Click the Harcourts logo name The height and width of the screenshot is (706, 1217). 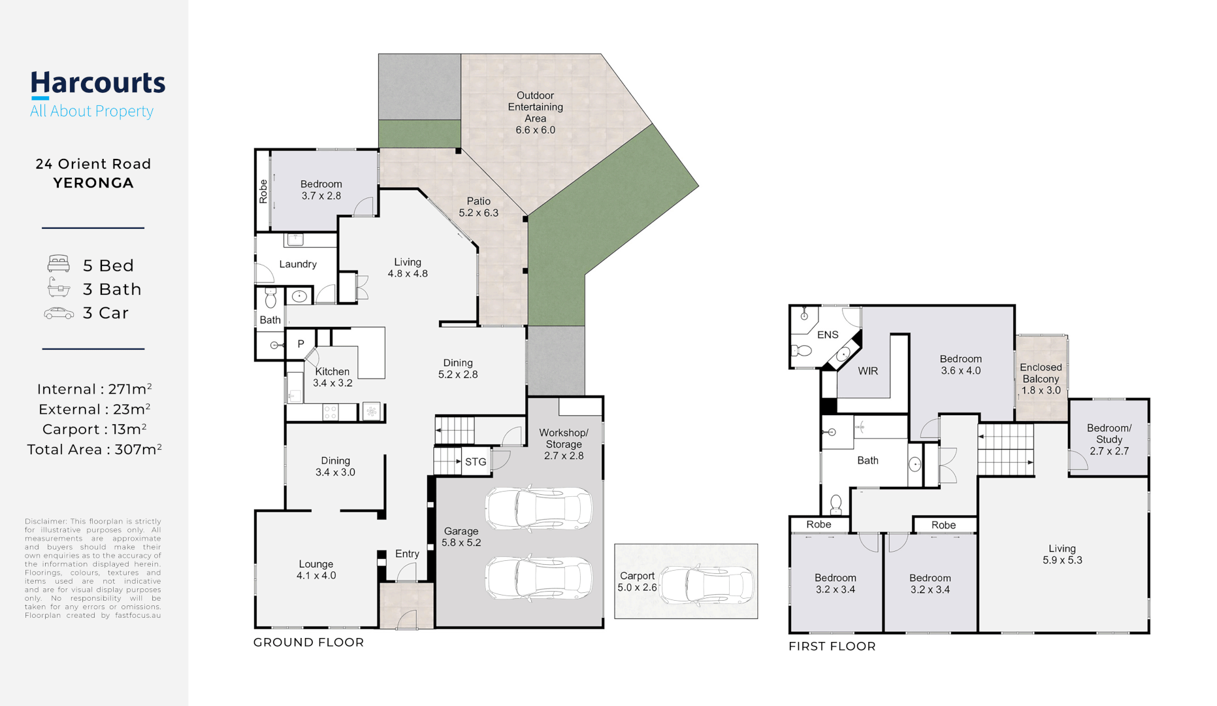[x=98, y=84]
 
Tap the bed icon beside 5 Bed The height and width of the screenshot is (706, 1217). [x=59, y=264]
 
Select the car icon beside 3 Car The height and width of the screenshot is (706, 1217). [x=59, y=313]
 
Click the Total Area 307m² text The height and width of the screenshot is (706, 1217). [x=94, y=449]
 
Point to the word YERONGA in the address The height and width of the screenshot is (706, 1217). [x=93, y=183]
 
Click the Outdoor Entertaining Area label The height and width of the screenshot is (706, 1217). [x=536, y=112]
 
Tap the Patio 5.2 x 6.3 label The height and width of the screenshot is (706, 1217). [x=478, y=207]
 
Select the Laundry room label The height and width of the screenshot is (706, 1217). [x=298, y=264]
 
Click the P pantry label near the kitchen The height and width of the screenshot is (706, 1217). [x=300, y=344]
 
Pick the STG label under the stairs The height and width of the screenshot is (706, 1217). [x=476, y=462]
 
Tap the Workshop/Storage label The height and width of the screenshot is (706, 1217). [x=564, y=444]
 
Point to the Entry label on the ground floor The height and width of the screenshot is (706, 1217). [x=407, y=554]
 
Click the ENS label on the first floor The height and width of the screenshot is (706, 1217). [x=828, y=335]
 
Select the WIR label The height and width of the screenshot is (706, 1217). [x=868, y=371]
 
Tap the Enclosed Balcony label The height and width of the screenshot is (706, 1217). [x=1041, y=378]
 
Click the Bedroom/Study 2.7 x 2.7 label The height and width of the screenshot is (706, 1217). [x=1109, y=439]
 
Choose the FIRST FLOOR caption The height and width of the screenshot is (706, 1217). [x=832, y=646]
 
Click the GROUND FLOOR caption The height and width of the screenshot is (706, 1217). [x=308, y=642]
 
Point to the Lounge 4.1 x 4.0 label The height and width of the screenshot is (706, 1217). [x=316, y=569]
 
